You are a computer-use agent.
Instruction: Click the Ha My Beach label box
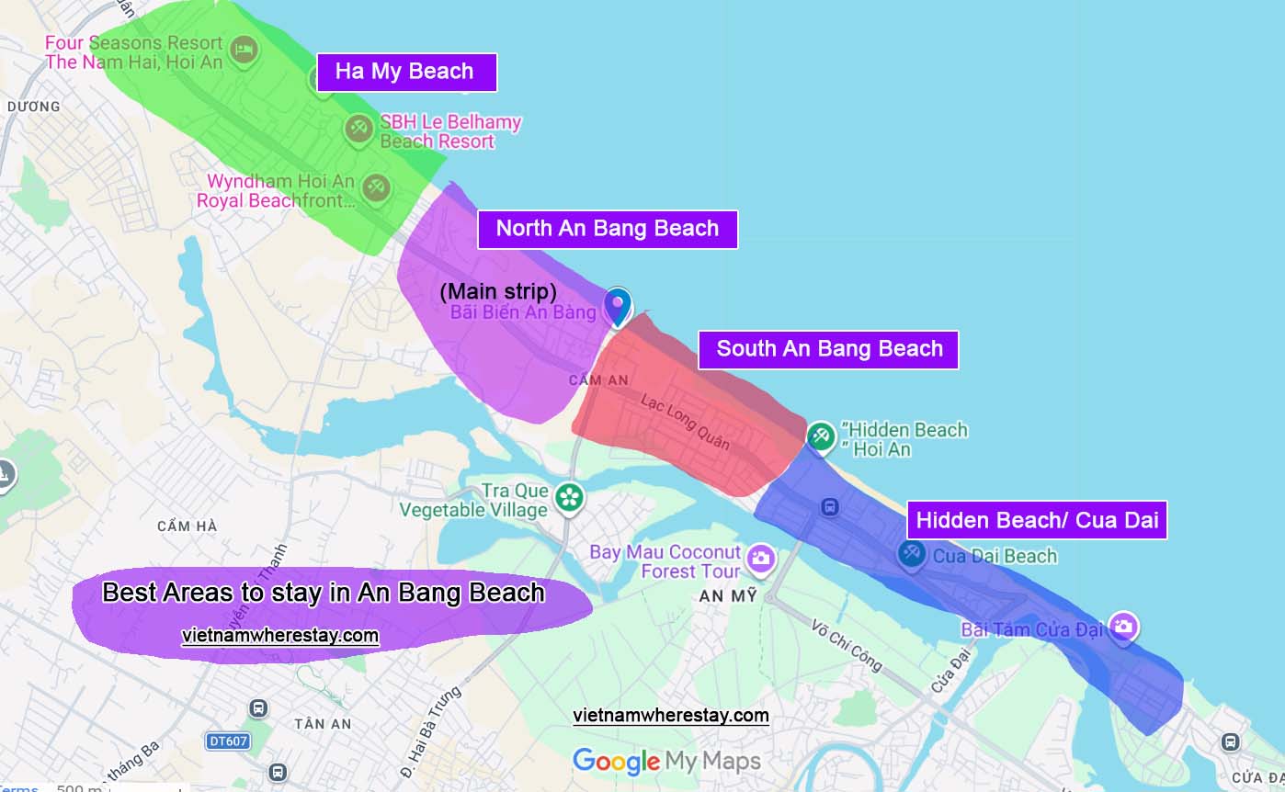(405, 72)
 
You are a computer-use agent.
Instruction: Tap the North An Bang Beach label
(607, 229)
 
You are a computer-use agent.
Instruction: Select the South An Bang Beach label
(828, 349)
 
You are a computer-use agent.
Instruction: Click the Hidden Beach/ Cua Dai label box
(1037, 520)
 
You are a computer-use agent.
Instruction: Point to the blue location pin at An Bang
(618, 306)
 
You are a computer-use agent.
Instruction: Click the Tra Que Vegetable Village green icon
(569, 498)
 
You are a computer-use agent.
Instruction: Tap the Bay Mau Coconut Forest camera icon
(760, 558)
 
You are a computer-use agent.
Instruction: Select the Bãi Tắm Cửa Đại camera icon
(1122, 628)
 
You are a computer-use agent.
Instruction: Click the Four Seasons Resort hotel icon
(243, 50)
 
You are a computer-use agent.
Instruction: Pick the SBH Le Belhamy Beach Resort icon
(358, 129)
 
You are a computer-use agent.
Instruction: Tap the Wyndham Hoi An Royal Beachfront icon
(374, 188)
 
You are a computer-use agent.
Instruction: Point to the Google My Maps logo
(666, 761)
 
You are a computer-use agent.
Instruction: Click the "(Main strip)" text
(498, 291)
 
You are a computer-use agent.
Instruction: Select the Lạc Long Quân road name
(685, 423)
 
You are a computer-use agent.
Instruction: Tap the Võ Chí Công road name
(846, 646)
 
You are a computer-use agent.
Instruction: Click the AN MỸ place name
(728, 596)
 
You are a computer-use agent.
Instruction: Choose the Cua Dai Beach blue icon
(911, 554)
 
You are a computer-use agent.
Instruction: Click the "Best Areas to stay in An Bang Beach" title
(324, 593)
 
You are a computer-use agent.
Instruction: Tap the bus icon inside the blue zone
(829, 506)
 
